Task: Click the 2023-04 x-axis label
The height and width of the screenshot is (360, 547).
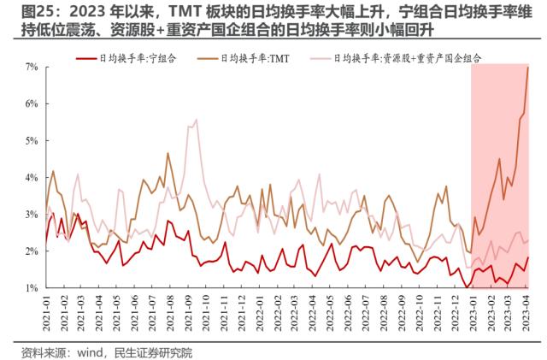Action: point(528,314)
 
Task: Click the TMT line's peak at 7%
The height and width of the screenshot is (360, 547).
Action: point(528,67)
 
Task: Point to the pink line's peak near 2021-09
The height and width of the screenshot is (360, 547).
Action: point(197,120)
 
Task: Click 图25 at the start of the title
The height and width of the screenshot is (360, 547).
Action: point(21,10)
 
